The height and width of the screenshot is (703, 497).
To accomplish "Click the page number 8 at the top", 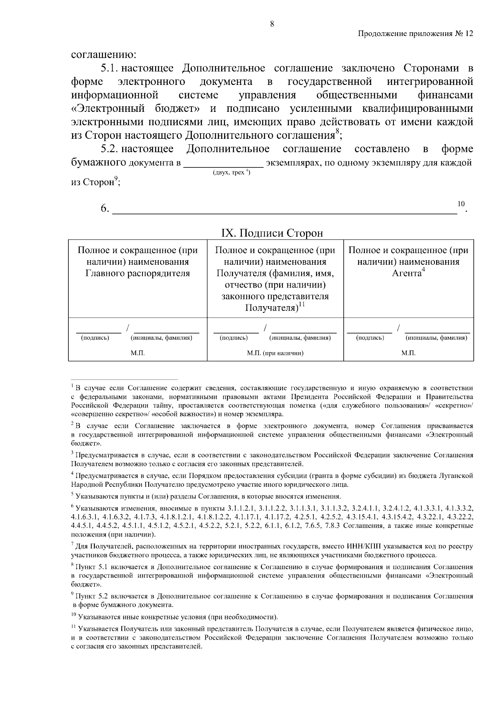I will (x=272, y=24).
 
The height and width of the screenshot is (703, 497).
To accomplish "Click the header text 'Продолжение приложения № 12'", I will (x=415, y=34).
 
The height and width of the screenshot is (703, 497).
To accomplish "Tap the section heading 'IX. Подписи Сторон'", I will (x=272, y=233).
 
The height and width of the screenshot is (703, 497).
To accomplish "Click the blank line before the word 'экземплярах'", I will (x=223, y=165).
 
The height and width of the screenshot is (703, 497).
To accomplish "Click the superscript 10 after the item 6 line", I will (x=461, y=203).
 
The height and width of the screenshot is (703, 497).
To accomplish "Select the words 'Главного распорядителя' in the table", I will (x=138, y=273).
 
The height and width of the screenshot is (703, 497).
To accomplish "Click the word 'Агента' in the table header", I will (x=407, y=273).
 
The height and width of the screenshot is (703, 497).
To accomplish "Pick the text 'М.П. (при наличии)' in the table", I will (x=275, y=353).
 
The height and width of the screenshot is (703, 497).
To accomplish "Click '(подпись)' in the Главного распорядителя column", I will (x=95, y=338).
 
